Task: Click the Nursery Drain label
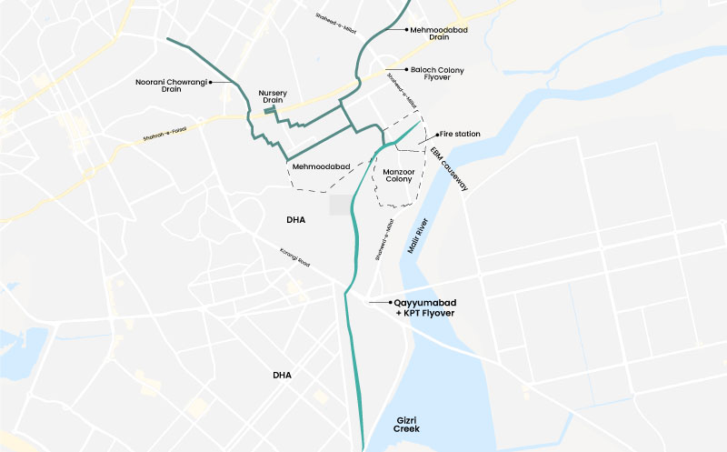[x=274, y=97]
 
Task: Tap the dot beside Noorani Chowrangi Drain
[x=210, y=82]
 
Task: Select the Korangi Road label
[x=294, y=257]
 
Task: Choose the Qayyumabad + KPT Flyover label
[x=424, y=307]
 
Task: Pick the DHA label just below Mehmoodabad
[x=296, y=220]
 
